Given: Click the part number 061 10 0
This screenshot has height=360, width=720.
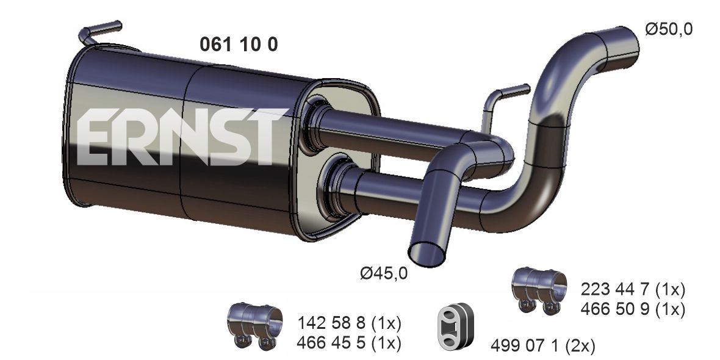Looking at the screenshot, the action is click(x=239, y=44).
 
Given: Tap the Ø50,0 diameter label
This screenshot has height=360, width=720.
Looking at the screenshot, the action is click(x=669, y=29).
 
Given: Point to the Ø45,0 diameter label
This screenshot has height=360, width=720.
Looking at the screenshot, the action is click(x=384, y=274).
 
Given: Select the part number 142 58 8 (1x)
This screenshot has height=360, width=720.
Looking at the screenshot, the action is click(x=350, y=323).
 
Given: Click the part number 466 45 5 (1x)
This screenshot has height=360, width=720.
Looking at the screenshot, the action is click(x=350, y=342).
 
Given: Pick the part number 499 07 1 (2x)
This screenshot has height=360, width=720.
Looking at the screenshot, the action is click(x=543, y=345).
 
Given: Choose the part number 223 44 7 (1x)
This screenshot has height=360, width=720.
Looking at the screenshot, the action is click(x=633, y=290).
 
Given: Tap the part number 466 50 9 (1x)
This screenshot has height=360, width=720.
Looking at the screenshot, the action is click(x=633, y=309).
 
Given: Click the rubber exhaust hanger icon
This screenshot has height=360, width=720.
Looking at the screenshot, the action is click(x=455, y=326).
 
